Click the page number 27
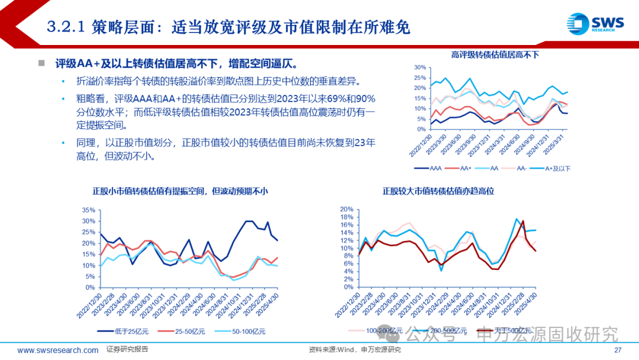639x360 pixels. (x=618, y=350)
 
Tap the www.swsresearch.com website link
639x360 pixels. (x=58, y=350)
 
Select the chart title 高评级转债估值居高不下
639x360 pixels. (x=495, y=55)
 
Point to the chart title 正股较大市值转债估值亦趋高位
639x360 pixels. (x=438, y=191)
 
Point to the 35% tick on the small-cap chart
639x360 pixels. (x=88, y=210)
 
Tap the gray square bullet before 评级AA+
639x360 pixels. (x=42, y=63)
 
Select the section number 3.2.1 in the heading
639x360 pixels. (x=67, y=26)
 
